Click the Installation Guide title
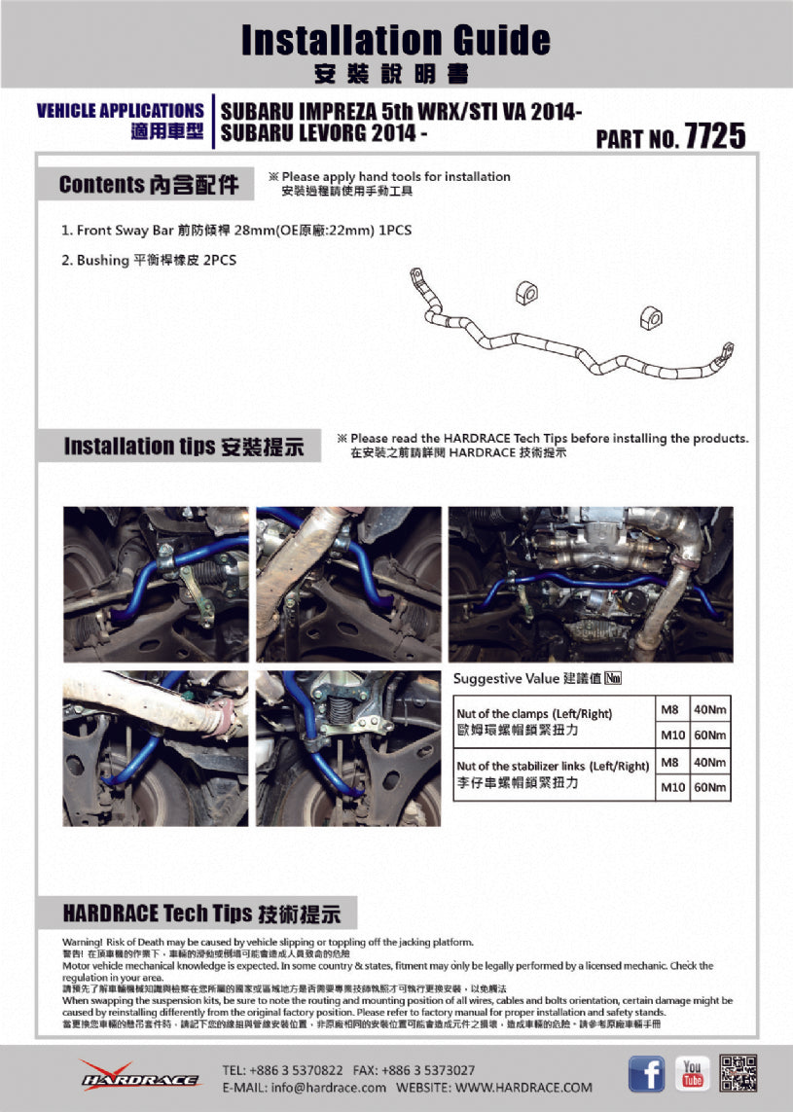point(395,40)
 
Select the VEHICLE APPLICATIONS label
point(120,111)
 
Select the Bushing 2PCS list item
point(149,261)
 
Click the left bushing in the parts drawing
point(525,290)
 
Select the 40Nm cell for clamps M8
point(709,708)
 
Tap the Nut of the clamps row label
point(534,721)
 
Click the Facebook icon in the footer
point(647,1074)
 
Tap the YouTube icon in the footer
point(692,1074)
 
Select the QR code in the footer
point(739,1073)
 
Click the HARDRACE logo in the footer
point(140,1076)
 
